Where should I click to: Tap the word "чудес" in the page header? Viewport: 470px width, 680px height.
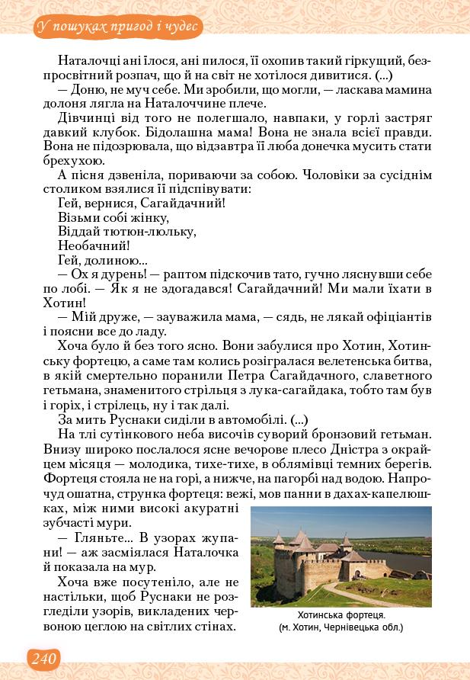[181, 27]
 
